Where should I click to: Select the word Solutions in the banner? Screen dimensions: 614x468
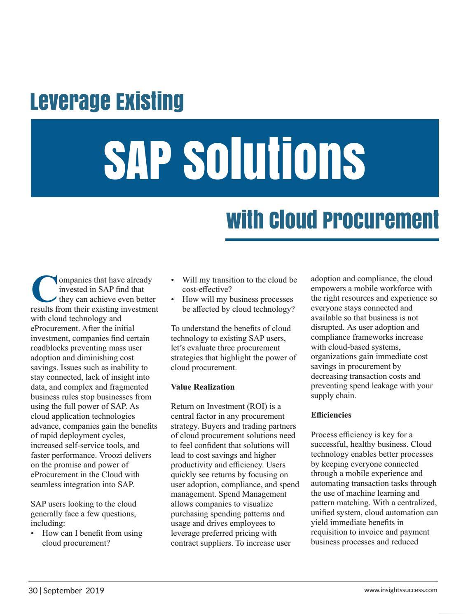pyautogui.click(x=274, y=158)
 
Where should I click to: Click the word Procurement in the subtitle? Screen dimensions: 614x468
pyautogui.click(x=381, y=220)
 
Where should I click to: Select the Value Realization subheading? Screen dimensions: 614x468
pyautogui.click(x=203, y=387)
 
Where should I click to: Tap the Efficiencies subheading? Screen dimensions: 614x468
pyautogui.click(x=331, y=415)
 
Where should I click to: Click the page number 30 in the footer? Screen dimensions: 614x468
pyautogui.click(x=33, y=591)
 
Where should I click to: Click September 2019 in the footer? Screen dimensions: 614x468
pyautogui.click(x=74, y=591)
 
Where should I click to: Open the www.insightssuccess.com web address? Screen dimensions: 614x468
pyautogui.click(x=400, y=590)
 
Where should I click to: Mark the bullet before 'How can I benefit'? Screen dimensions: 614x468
pyautogui.click(x=33, y=534)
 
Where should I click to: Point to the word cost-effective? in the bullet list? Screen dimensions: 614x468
pyautogui.click(x=207, y=289)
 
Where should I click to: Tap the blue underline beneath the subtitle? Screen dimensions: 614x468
pyautogui.click(x=332, y=239)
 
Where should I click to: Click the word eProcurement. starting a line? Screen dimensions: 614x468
pyautogui.click(x=56, y=329)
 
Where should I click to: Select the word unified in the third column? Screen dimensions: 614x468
pyautogui.click(x=323, y=513)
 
